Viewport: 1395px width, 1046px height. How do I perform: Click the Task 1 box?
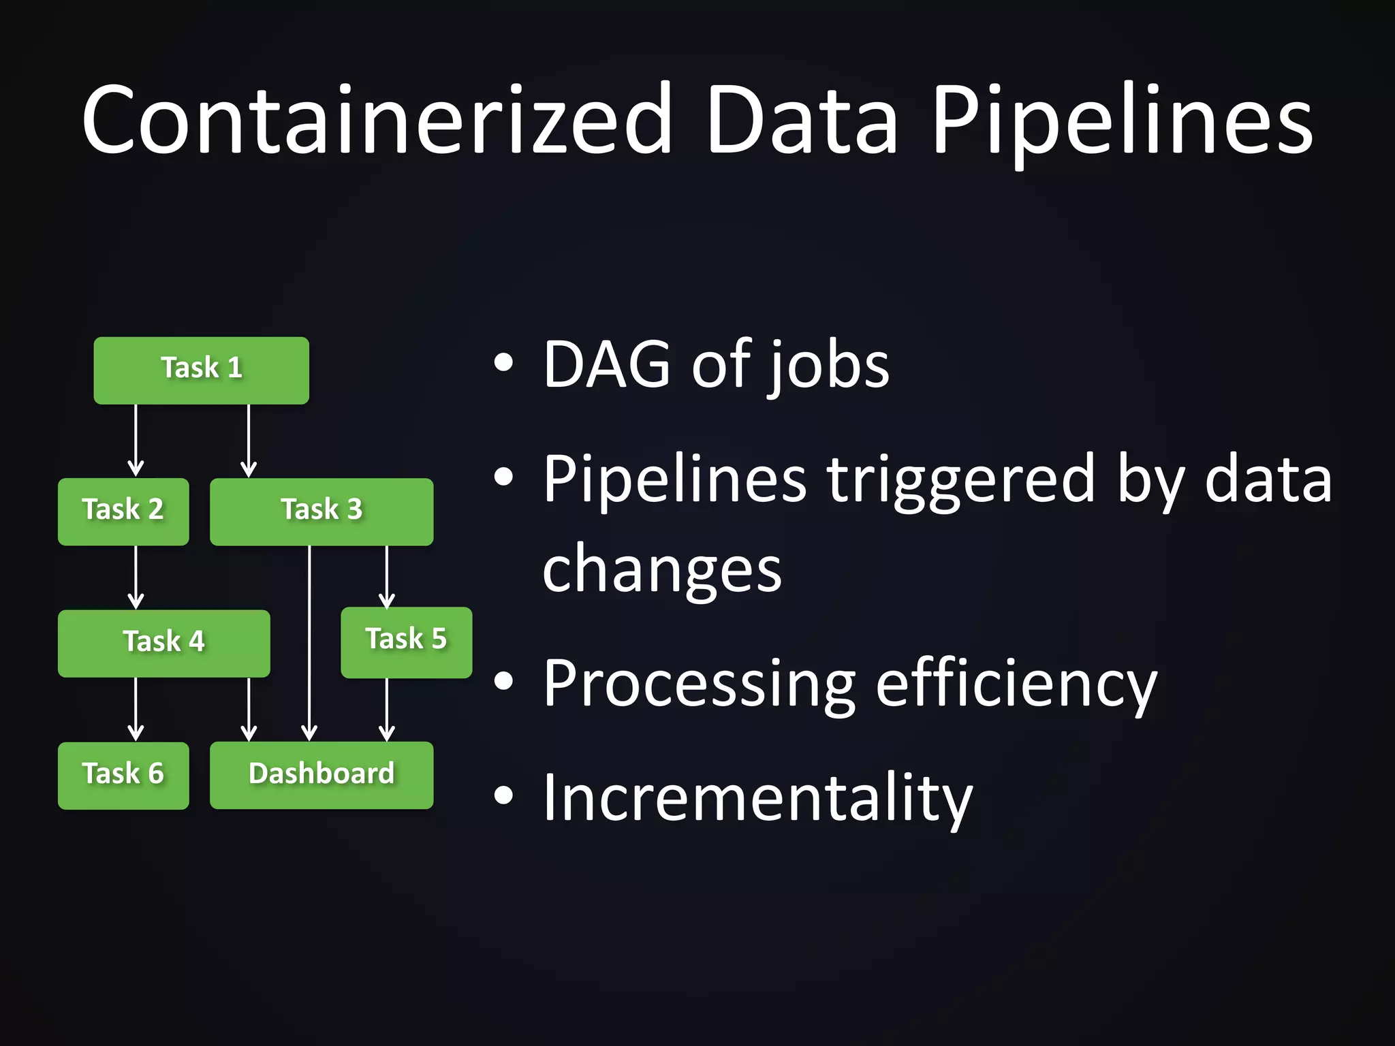[201, 370]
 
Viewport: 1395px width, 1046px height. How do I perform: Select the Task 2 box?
[123, 511]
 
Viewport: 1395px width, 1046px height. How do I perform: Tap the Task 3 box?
[321, 511]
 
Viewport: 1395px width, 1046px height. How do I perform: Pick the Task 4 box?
[163, 643]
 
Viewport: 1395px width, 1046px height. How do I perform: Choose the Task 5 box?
[406, 641]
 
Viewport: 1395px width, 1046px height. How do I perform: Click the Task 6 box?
[123, 775]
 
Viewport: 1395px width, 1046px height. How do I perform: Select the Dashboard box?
[321, 775]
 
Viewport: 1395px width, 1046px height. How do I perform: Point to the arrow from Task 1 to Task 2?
[136, 440]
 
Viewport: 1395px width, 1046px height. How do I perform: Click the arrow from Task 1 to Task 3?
[249, 440]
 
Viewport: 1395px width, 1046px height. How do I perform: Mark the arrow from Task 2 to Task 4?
[136, 577]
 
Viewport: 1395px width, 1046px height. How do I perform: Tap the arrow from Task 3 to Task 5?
[386, 575]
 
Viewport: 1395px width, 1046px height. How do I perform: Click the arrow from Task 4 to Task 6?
[136, 708]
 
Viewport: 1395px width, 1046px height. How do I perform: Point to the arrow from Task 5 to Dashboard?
[386, 708]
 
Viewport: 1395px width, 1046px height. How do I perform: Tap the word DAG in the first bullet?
[606, 365]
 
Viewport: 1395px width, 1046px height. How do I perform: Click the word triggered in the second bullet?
[960, 480]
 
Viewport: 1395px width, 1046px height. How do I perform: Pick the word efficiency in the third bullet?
[1016, 684]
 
